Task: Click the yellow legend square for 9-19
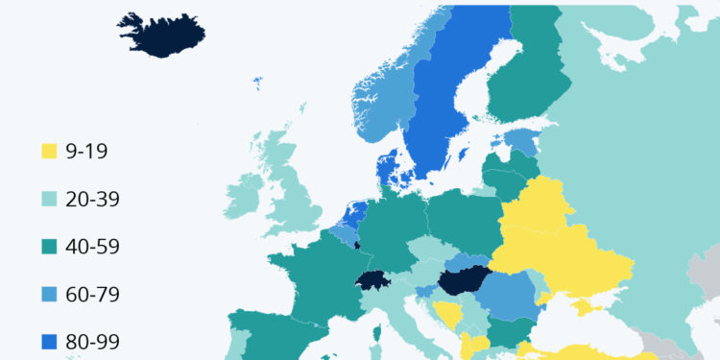pos(49,153)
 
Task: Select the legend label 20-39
pos(93,200)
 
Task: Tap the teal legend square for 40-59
pos(49,247)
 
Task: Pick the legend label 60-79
pos(93,293)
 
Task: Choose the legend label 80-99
pos(93,340)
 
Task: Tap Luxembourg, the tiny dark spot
pos(356,245)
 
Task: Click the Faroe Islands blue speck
pos(258,84)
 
